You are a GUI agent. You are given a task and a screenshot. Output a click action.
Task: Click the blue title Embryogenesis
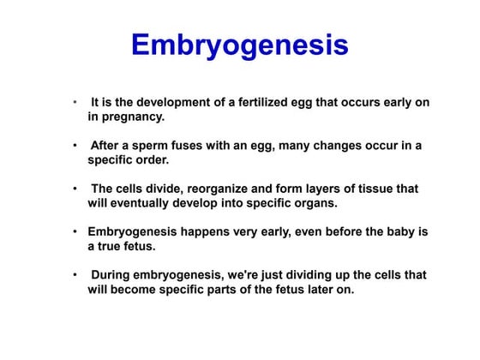(239, 45)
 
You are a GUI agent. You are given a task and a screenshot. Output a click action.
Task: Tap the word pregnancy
(128, 117)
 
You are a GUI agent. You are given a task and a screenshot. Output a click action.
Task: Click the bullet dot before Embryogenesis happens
(77, 232)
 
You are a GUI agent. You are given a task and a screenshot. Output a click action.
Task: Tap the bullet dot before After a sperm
(77, 145)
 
